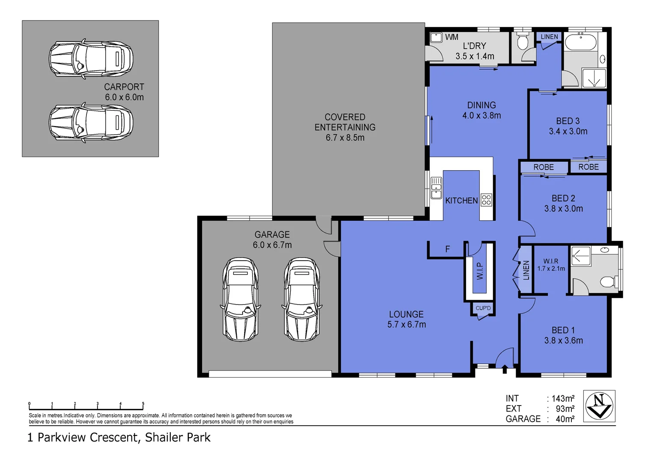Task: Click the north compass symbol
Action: pos(600,406)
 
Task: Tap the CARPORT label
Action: pos(124,87)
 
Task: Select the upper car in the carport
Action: pos(91,59)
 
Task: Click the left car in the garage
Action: pos(241,299)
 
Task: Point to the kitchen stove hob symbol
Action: pos(486,200)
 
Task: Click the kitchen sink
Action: pos(436,188)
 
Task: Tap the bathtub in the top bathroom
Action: pos(581,43)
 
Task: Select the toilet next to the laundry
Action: pos(522,42)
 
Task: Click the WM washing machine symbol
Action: pos(436,38)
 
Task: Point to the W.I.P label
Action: pos(480,271)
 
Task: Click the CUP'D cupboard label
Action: pos(483,308)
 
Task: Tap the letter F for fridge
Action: pos(448,249)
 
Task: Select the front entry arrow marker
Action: pos(505,369)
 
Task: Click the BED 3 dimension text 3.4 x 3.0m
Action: pos(568,131)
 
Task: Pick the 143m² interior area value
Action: pos(562,399)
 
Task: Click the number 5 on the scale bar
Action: pos(143,404)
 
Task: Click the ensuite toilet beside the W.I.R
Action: pos(608,281)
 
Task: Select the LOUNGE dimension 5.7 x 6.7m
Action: pos(407,325)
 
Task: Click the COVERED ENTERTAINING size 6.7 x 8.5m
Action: pos(345,138)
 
